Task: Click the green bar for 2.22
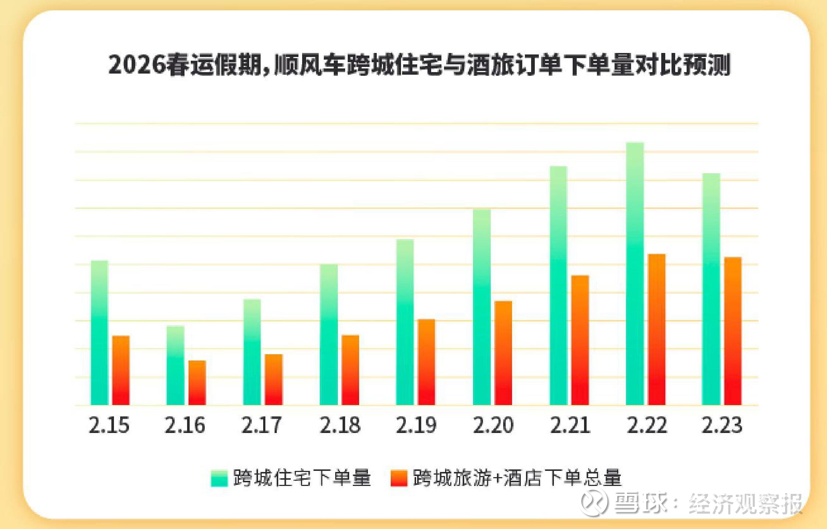coord(635,274)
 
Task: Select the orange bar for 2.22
coord(656,330)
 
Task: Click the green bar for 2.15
coord(99,333)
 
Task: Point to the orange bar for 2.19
coord(426,362)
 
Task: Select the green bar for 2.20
coord(481,307)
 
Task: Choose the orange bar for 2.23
coord(733,331)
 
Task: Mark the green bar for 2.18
coord(329,335)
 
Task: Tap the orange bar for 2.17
coord(273,380)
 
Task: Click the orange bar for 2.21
coord(580,340)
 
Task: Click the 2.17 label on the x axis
coord(261,425)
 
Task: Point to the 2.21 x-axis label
coord(570,425)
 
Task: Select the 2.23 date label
coord(722,425)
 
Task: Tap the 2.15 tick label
coord(109,425)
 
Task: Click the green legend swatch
coord(219,478)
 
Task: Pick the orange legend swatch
coord(399,478)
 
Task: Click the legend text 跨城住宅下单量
coord(302,478)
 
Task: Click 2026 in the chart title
coord(137,65)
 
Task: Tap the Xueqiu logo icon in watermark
coord(593,503)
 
